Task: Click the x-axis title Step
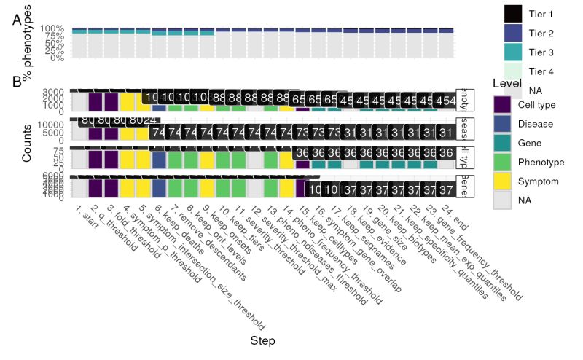(x=262, y=340)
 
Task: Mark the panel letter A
(x=17, y=20)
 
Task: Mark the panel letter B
(x=17, y=81)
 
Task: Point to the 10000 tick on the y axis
(x=55, y=125)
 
